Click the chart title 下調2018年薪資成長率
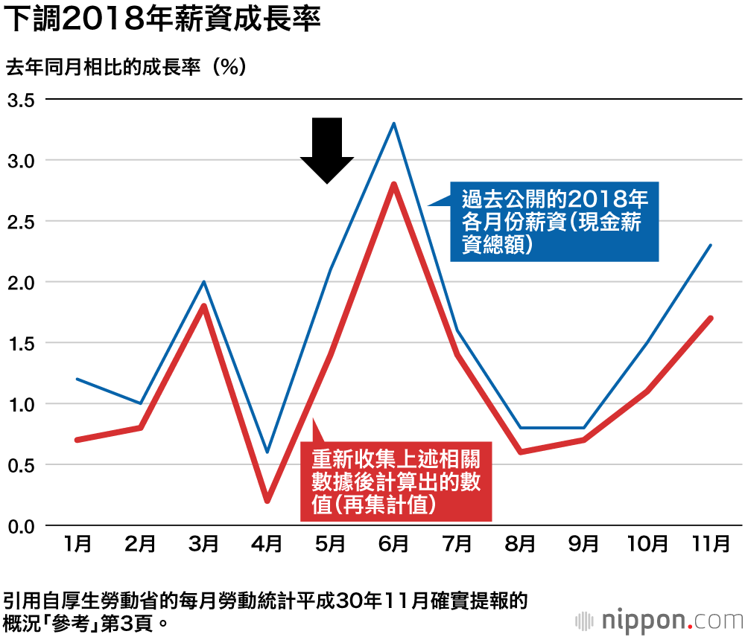[x=163, y=20]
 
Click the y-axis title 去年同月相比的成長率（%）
[x=126, y=67]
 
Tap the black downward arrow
[x=326, y=150]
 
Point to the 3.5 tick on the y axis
[x=21, y=100]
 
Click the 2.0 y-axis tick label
[x=21, y=282]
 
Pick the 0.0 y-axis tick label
[x=21, y=526]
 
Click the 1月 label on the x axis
[x=77, y=545]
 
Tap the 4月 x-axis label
[x=267, y=545]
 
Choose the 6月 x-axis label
[x=393, y=545]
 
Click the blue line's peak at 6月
[x=393, y=124]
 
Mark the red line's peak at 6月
[x=393, y=185]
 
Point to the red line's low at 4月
[x=267, y=501]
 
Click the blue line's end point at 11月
[x=711, y=245]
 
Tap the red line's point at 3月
[x=203, y=306]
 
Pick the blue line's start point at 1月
[x=77, y=380]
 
